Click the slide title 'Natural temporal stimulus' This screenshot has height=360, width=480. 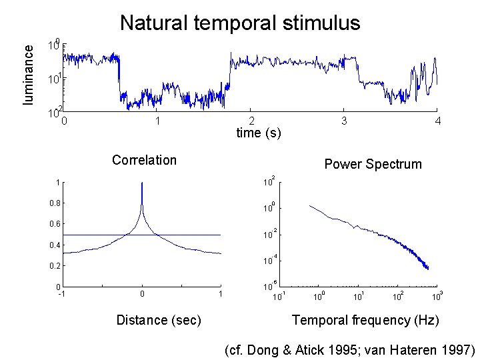tap(240, 23)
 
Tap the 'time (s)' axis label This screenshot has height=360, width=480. tap(259, 133)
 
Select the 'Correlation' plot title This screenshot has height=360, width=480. tap(144, 160)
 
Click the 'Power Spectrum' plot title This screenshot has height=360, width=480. tap(372, 164)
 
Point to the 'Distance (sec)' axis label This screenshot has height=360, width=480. tap(158, 320)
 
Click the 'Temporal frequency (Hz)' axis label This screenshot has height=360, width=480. tap(365, 320)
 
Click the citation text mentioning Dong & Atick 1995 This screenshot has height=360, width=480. tap(350, 349)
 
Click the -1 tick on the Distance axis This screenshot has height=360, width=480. tap(61, 294)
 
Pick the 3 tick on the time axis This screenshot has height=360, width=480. tap(343, 121)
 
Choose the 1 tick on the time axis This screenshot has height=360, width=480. tap(157, 121)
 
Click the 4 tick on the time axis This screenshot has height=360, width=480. tap(437, 121)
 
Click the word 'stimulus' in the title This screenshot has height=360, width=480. tap(321, 23)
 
